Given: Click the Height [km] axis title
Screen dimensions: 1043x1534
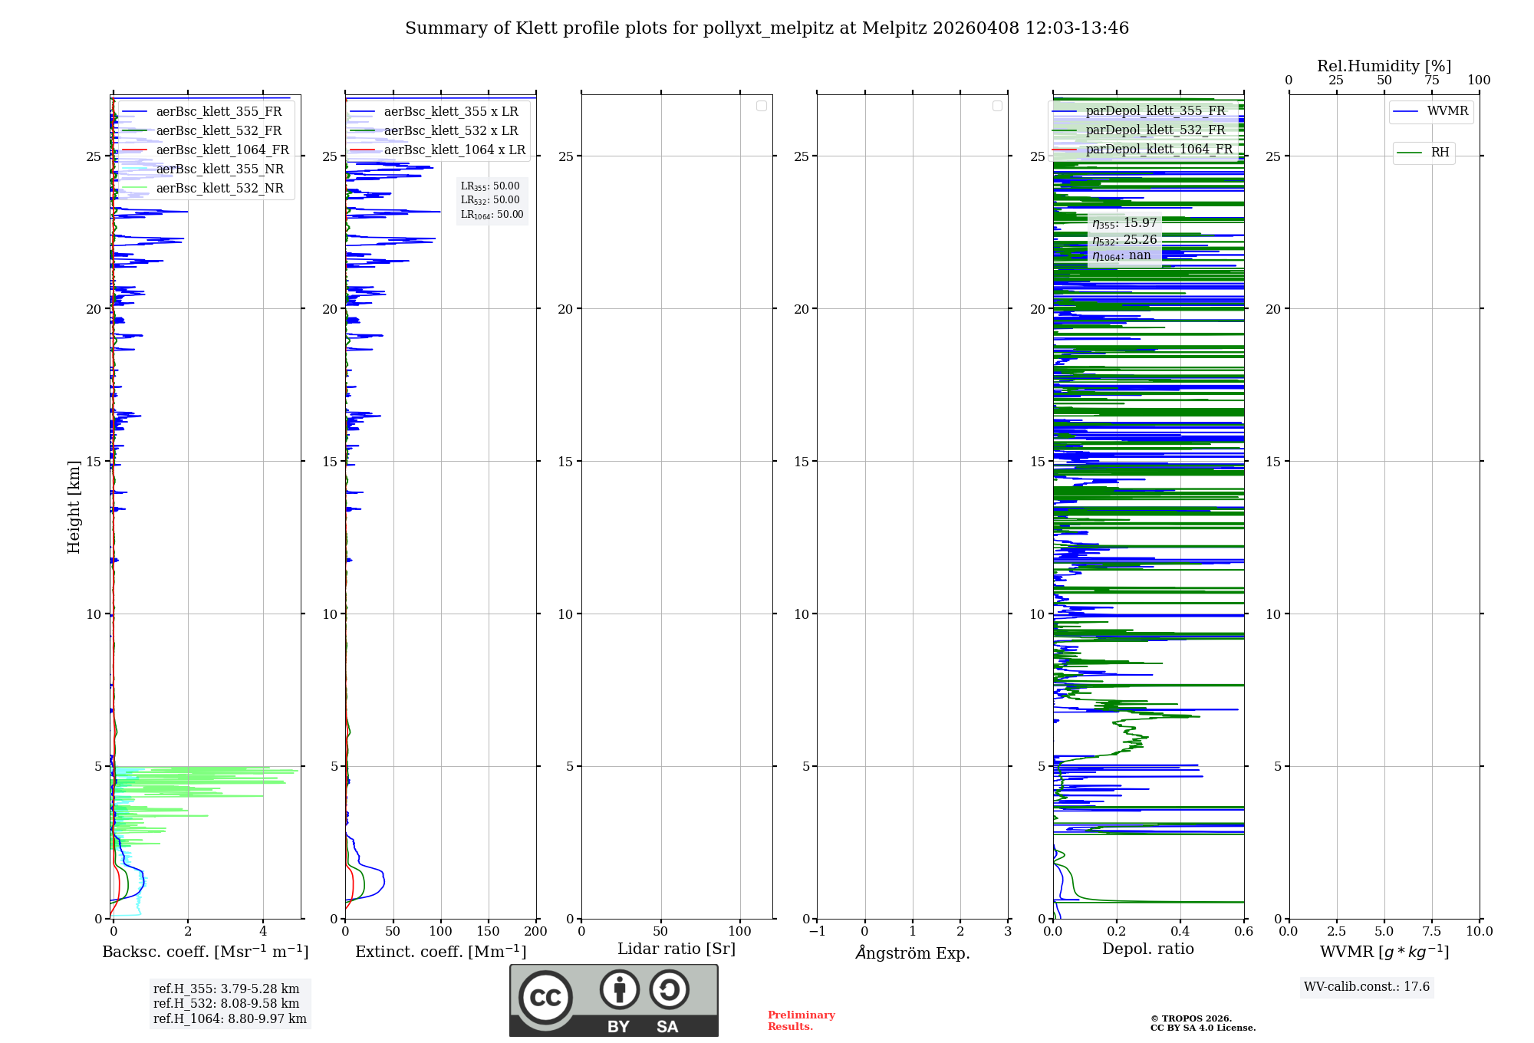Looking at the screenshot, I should point(74,507).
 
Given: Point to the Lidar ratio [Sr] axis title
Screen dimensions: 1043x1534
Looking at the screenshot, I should point(676,949).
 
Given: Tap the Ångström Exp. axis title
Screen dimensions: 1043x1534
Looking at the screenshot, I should point(912,953).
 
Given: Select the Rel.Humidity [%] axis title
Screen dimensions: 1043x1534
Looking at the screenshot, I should point(1384,66).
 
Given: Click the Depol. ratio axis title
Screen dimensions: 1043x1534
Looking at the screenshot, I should point(1147,949).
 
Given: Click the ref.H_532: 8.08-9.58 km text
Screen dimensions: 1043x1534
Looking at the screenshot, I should point(226,1003).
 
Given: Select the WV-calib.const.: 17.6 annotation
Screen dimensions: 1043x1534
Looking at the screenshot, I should point(1367,986).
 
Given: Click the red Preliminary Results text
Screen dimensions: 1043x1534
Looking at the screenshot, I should point(801,1020).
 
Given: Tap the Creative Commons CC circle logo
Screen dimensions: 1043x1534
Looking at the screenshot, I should point(545,998).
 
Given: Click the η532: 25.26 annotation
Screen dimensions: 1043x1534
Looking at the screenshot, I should point(1124,240).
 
